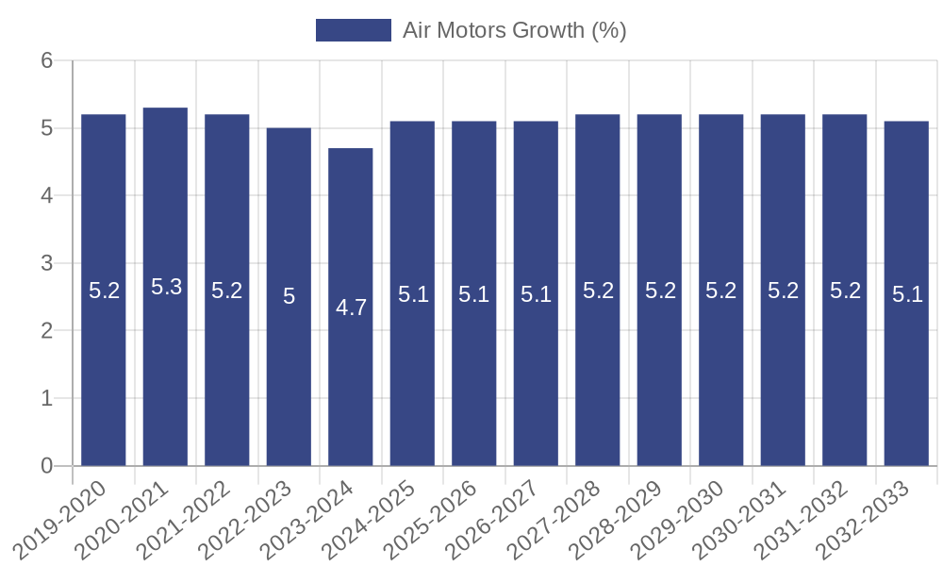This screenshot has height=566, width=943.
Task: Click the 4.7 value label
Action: tap(351, 307)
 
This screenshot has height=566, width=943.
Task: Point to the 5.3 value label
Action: tap(166, 287)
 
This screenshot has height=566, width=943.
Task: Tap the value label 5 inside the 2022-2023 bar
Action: tap(290, 296)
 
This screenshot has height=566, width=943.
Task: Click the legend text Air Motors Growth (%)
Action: tap(514, 30)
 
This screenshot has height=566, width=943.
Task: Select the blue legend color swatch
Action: tap(353, 30)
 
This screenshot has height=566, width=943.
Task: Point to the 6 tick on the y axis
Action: tap(46, 60)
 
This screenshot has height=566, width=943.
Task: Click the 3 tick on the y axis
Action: tap(46, 263)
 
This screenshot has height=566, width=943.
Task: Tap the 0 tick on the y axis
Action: tap(46, 466)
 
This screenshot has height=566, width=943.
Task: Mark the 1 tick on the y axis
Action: tap(46, 398)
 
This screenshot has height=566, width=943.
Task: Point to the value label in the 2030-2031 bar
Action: tap(784, 291)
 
